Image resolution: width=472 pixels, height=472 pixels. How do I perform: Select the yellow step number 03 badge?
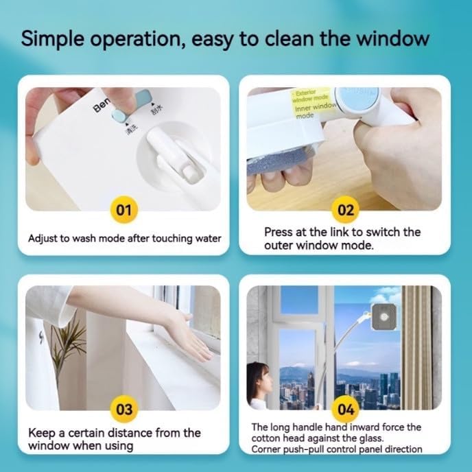pyautogui.click(x=123, y=410)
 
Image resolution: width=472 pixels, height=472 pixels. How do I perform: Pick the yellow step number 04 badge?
pyautogui.click(x=346, y=410)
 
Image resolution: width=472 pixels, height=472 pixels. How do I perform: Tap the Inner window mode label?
pyautogui.click(x=314, y=110)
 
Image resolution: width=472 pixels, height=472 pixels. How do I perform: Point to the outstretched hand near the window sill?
pyautogui.click(x=187, y=333)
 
